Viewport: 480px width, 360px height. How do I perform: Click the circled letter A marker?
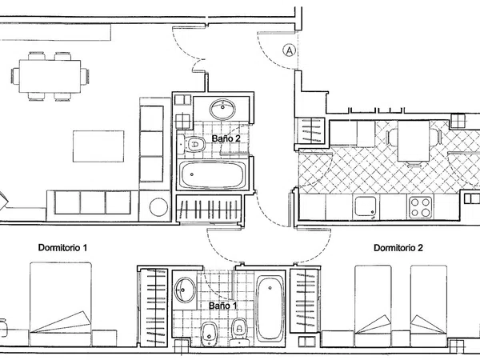point(289,50)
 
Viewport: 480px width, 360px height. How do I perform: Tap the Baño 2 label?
point(226,138)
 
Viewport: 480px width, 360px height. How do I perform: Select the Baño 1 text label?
point(223,306)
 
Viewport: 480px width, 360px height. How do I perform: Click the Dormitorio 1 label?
point(62,247)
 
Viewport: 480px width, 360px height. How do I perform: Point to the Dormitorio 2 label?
point(398,247)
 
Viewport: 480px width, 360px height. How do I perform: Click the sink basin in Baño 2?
point(222,109)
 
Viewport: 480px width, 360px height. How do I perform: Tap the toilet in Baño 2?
point(191,144)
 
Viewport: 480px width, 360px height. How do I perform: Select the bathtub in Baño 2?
point(213,174)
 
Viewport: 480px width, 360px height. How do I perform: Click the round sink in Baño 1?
point(185,290)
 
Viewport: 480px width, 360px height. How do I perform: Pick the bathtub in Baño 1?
point(270,308)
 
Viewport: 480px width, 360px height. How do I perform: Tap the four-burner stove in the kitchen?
point(421,207)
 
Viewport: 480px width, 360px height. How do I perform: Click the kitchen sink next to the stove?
point(366,206)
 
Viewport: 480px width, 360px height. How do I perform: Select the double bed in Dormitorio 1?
point(61,304)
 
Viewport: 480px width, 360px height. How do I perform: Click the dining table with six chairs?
point(50,76)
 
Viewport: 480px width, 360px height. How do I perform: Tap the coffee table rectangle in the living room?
point(98,146)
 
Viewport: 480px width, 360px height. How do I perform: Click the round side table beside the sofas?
point(158,207)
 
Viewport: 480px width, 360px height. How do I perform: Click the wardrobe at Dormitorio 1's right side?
point(153,307)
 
